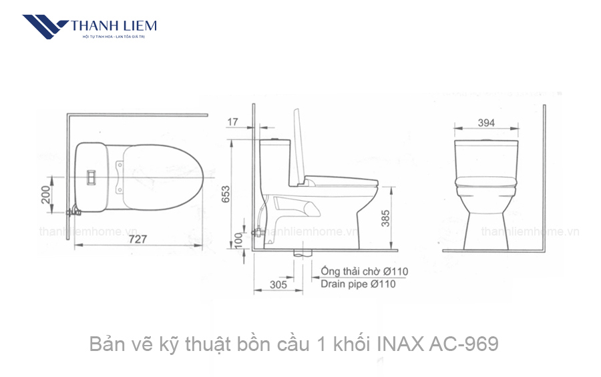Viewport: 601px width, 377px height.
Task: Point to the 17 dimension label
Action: (232, 121)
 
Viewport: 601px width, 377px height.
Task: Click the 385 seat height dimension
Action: (386, 218)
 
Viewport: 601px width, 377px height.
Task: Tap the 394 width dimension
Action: (486, 122)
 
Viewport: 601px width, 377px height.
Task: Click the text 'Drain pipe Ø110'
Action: (358, 284)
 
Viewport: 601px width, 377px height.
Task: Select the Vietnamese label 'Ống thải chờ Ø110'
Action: (364, 272)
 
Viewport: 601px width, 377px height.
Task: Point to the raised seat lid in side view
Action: (300, 144)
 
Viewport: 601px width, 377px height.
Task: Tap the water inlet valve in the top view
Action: (75, 212)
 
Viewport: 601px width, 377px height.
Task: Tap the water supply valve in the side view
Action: (257, 233)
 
